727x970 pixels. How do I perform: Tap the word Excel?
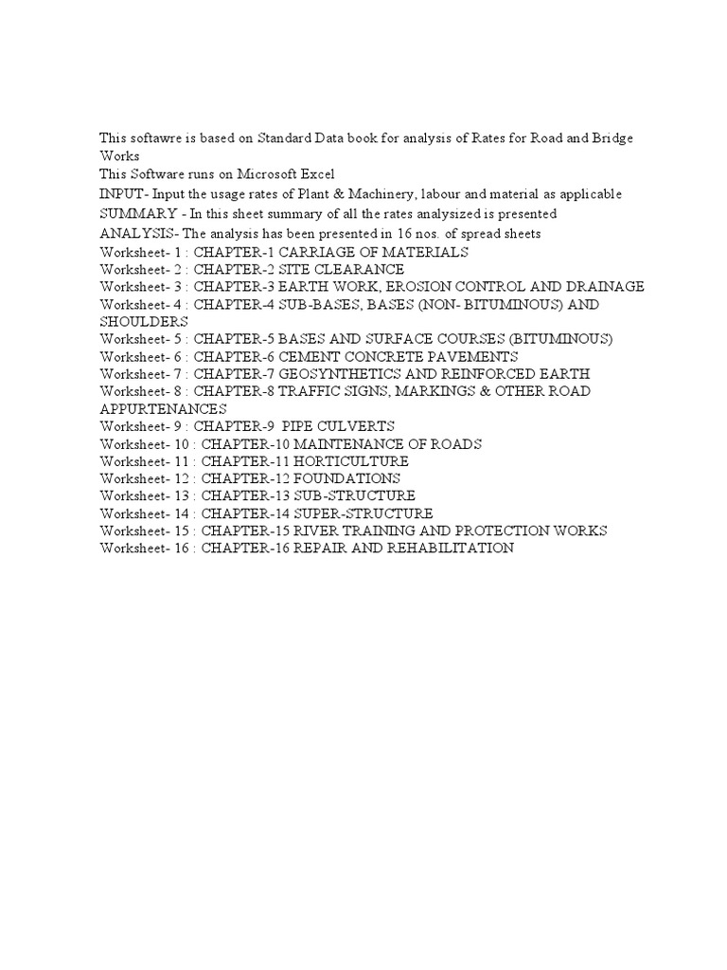tap(317, 174)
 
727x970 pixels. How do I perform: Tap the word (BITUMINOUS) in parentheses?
tap(554, 338)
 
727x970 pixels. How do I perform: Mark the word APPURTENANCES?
tap(163, 408)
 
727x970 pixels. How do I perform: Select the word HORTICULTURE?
tap(352, 460)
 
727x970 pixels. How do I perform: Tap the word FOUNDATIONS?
tap(347, 478)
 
